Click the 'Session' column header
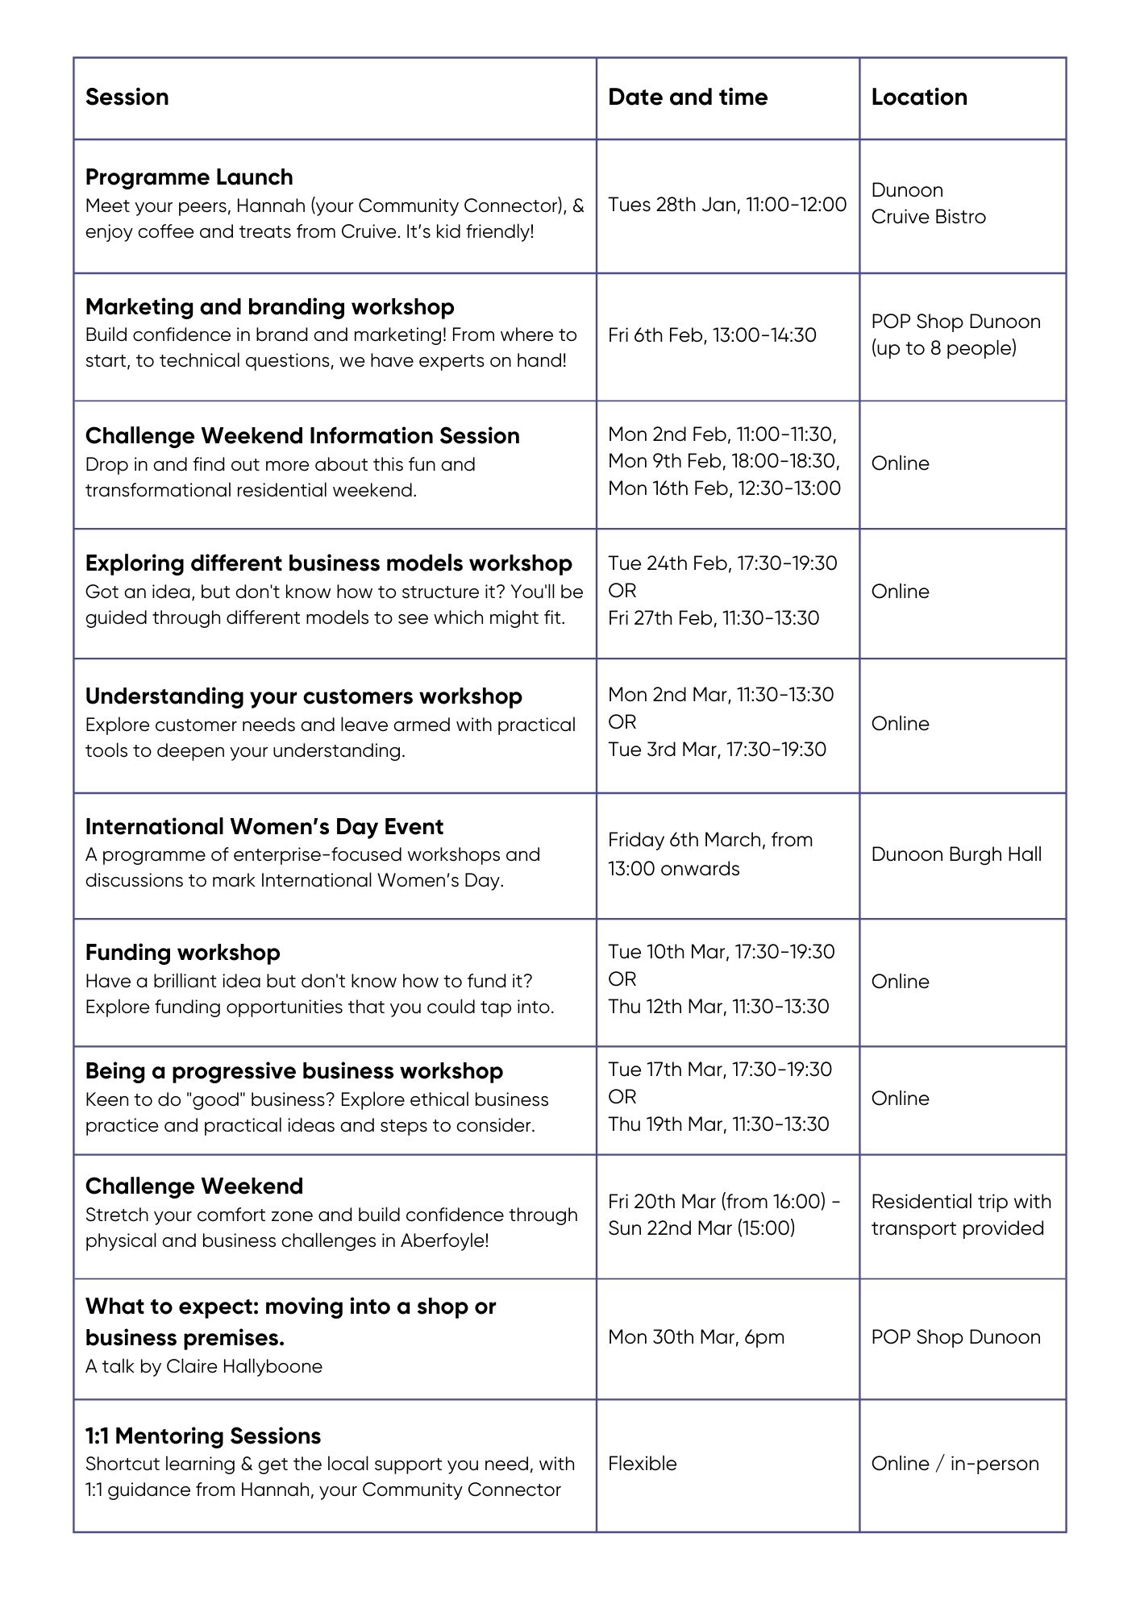coord(127,98)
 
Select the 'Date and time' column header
coord(687,98)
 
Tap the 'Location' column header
coord(918,98)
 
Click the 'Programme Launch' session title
coord(189,177)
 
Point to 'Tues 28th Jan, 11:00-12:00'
coord(727,205)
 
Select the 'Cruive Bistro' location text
coord(928,217)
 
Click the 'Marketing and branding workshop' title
coord(269,307)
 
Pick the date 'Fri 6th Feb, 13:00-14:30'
coord(712,335)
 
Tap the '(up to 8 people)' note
coord(943,348)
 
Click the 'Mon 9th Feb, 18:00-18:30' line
coord(723,461)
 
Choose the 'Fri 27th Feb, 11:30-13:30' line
coord(713,618)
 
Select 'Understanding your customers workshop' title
coord(303,696)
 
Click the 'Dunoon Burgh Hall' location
coord(956,854)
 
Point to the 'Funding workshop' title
coord(182,953)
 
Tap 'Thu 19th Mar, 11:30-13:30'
coord(718,1124)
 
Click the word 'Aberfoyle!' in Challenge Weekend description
coord(444,1240)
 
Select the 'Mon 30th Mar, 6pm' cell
coord(696,1337)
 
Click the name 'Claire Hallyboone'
coord(243,1366)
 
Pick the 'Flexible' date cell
coord(642,1464)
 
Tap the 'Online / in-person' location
coord(955,1464)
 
